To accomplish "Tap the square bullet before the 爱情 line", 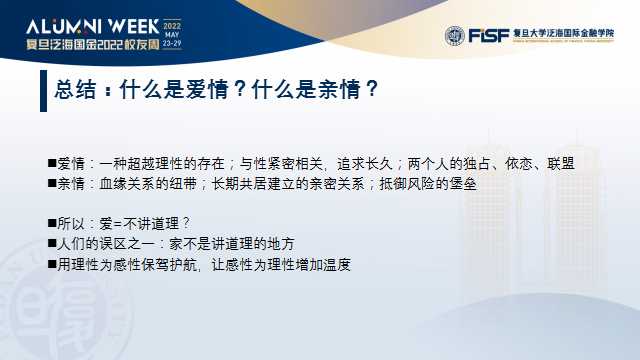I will [52, 163].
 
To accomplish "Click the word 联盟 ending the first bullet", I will [566, 163].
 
